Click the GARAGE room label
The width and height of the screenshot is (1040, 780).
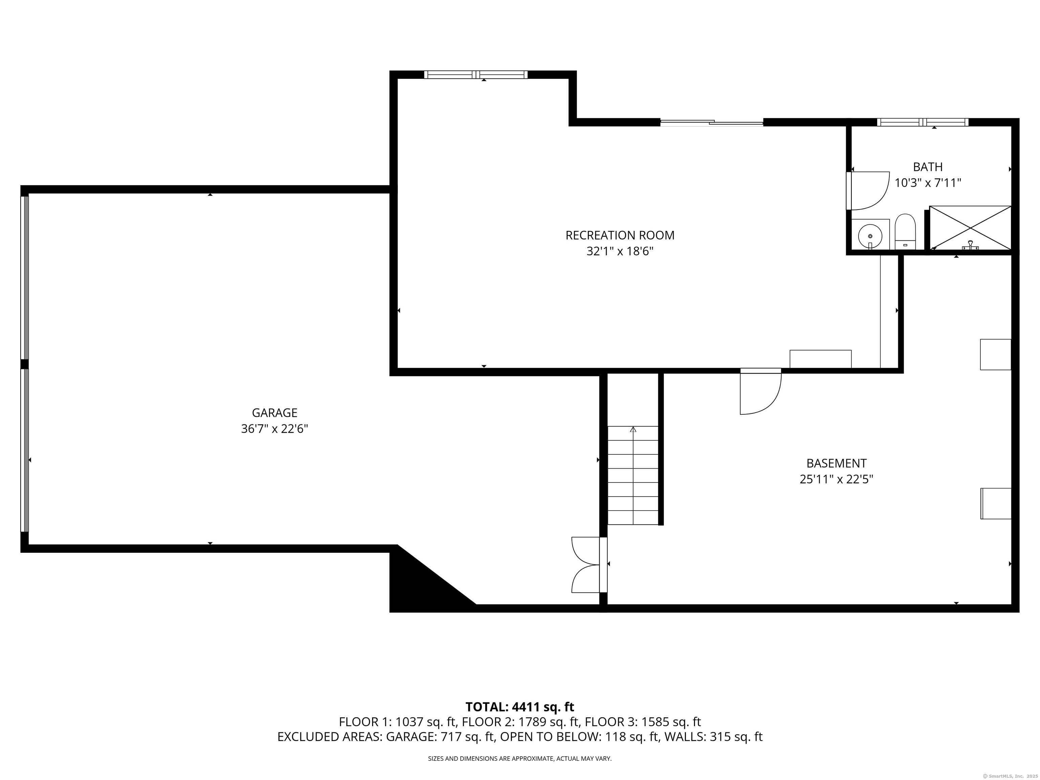point(275,413)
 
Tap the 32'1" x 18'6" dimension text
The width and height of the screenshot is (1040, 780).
point(620,252)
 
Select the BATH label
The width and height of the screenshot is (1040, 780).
point(928,167)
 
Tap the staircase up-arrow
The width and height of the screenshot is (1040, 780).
point(633,429)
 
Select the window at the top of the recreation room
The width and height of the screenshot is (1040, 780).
point(476,74)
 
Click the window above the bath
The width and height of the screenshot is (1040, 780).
point(923,122)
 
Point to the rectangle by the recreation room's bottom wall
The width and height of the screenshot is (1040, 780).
point(820,359)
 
